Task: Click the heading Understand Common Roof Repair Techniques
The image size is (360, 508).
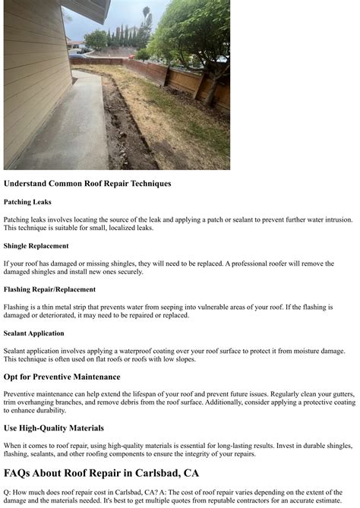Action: coord(87,184)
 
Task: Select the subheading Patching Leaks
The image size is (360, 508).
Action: coord(28,203)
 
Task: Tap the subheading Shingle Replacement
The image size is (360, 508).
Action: coord(36,246)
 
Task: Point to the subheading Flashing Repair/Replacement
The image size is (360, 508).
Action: coord(49,289)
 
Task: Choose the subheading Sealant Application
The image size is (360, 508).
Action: coord(33,333)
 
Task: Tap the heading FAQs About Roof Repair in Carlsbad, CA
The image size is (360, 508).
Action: coord(101,473)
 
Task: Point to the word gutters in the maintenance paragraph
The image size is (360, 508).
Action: coord(340,394)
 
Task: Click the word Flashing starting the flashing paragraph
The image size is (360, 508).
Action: coord(17,307)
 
